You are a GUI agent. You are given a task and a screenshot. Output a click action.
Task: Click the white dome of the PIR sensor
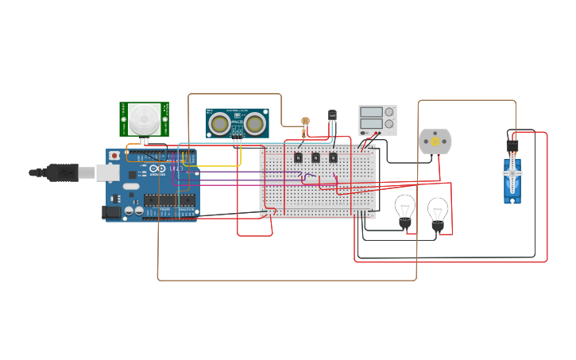pos(144,119)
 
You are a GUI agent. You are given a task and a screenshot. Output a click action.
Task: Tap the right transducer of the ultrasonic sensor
pos(254,123)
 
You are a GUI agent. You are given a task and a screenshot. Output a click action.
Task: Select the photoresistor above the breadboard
pos(304,122)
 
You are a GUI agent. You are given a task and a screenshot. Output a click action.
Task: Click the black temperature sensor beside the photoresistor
pos(332,116)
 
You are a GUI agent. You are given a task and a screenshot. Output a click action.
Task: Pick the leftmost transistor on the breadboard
pos(298,157)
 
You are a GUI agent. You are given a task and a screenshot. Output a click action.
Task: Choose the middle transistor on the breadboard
pos(315,157)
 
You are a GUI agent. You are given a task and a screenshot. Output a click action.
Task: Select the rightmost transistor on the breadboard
pos(333,157)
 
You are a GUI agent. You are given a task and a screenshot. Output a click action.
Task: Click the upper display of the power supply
pos(371,112)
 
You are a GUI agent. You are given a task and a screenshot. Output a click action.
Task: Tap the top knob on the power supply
pos(389,112)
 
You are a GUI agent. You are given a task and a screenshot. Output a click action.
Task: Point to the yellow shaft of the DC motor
pos(435,141)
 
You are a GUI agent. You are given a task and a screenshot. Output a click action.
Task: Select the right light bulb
pos(437,211)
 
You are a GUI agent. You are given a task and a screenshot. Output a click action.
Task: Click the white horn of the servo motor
pos(513,172)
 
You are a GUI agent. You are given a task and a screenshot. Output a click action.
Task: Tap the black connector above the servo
pos(512,145)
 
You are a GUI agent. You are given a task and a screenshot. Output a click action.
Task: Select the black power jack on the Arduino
pos(112,211)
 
